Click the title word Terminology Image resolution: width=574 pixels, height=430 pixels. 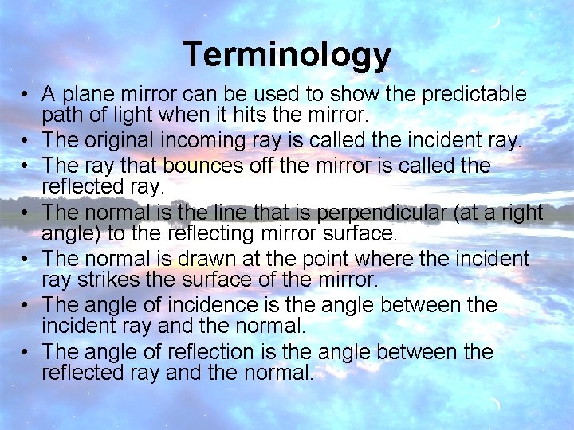[x=287, y=55]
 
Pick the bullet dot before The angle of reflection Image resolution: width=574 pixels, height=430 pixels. [x=27, y=352]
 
